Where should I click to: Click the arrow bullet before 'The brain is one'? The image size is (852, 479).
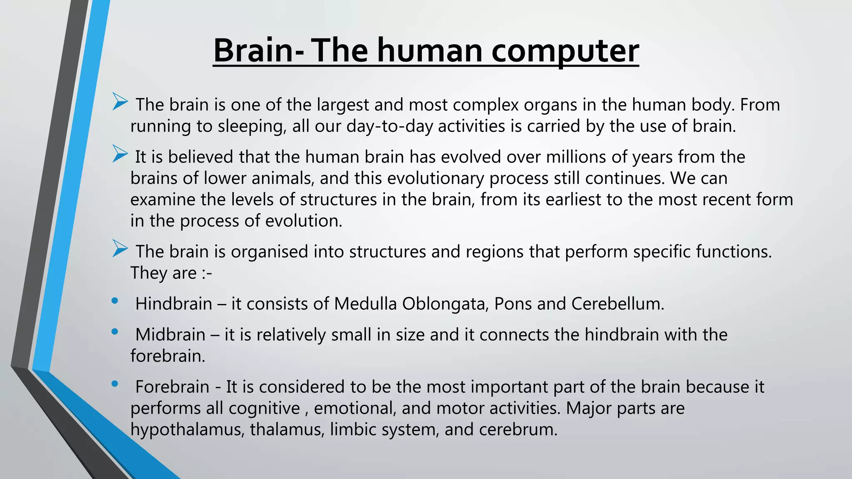[x=120, y=102]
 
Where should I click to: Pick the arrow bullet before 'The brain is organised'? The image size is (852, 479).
[x=120, y=249]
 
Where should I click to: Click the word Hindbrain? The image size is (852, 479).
[x=174, y=304]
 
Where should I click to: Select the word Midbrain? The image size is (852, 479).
[x=170, y=335]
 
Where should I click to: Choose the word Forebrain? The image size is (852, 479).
[x=172, y=387]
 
